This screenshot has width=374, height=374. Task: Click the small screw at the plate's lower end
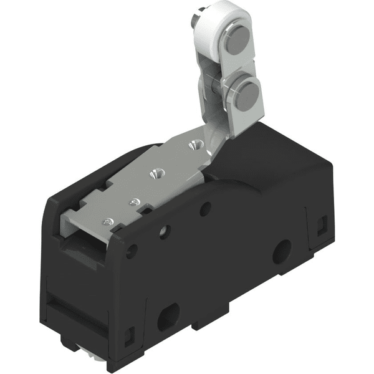click(x=110, y=222)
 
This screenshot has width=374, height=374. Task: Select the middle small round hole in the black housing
click(x=165, y=233)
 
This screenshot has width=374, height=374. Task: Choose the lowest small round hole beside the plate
click(x=132, y=252)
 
